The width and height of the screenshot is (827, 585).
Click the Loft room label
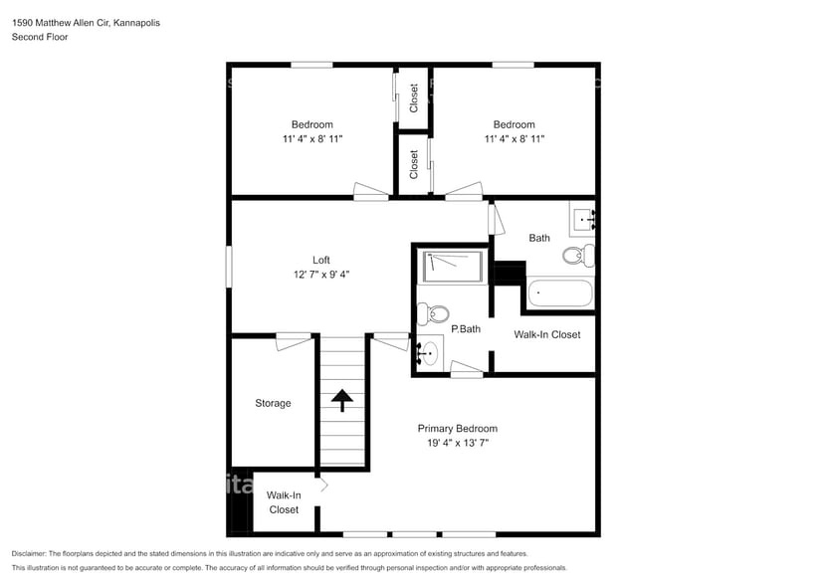(x=320, y=260)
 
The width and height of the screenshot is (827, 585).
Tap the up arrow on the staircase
(x=342, y=400)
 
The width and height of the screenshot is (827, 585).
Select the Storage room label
(x=273, y=403)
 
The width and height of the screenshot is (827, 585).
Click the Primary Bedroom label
(x=457, y=429)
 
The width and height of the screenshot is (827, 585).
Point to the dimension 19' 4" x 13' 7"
(x=457, y=444)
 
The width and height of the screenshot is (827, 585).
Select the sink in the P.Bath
(x=429, y=352)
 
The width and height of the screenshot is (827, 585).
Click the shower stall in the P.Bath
(x=453, y=267)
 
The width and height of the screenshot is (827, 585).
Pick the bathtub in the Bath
(x=559, y=293)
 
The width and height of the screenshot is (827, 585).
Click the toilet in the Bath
(x=578, y=256)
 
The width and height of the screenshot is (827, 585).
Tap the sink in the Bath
(x=583, y=218)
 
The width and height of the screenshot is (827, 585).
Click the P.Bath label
(x=467, y=329)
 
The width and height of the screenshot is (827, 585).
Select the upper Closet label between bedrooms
(x=414, y=97)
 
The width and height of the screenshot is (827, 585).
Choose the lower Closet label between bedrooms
(x=414, y=164)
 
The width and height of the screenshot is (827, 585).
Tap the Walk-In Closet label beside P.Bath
(x=546, y=334)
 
